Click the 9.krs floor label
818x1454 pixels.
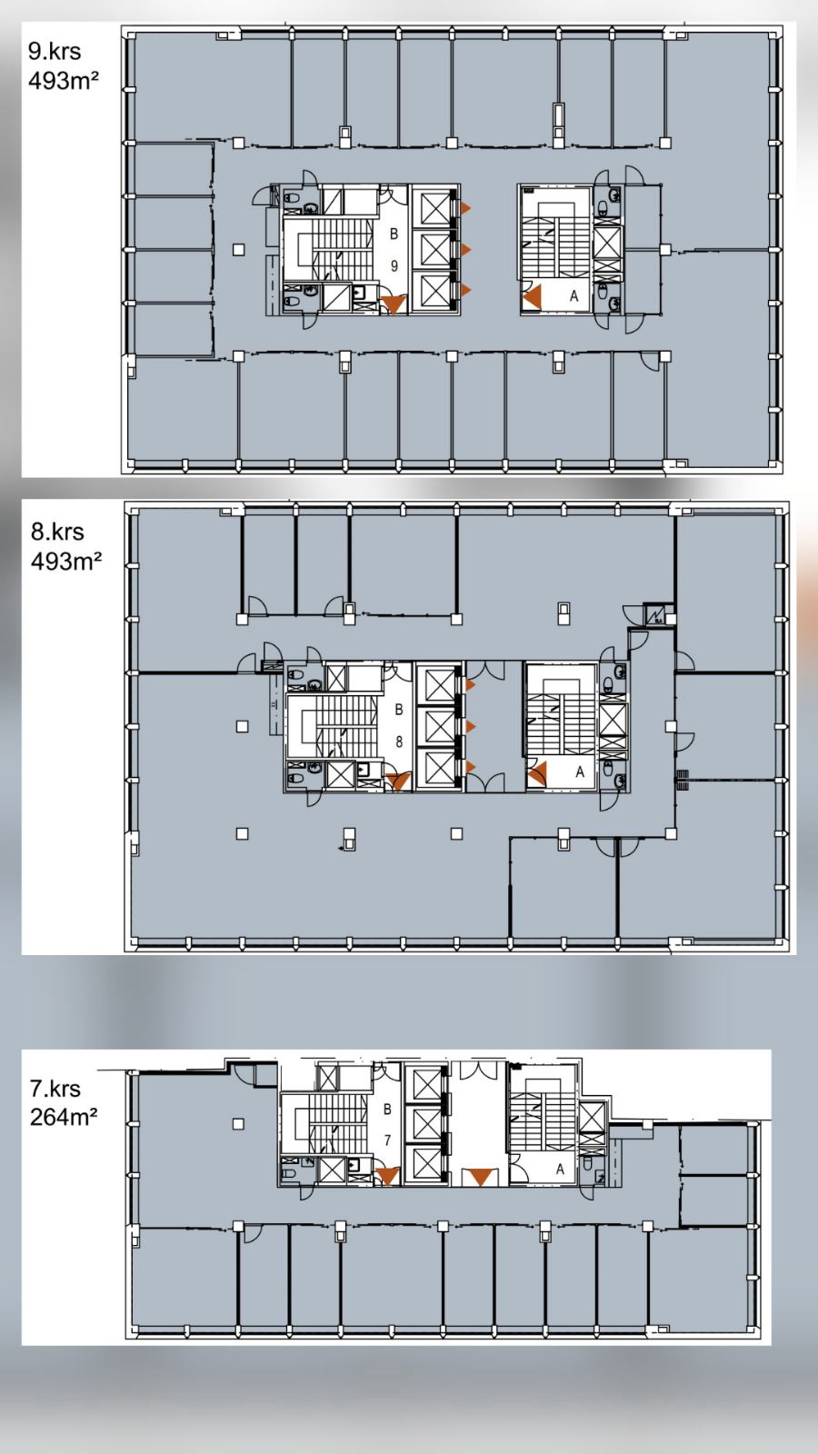55,51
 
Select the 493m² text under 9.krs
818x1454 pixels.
63,81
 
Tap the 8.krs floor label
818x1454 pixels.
57,532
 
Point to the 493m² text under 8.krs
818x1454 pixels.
66,562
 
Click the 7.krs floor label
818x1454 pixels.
55,1088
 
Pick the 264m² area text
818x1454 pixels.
64,1117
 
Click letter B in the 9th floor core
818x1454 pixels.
394,234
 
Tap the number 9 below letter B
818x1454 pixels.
394,265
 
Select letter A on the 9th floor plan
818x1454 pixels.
574,296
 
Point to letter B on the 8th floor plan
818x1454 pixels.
399,710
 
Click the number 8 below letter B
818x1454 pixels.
399,742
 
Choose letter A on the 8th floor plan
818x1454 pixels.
580,772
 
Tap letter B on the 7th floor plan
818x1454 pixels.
387,1110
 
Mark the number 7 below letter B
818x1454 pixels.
387,1140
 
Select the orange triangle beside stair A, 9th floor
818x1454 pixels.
534,298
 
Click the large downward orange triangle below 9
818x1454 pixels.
394,304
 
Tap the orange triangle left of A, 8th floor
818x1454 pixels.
538,773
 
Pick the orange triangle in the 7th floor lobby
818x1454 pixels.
480,1176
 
